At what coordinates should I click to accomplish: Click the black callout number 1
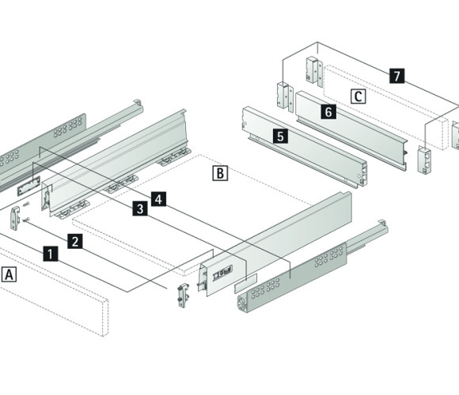click(51, 254)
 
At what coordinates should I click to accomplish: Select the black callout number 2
click(75, 241)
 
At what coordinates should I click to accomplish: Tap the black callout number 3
click(140, 209)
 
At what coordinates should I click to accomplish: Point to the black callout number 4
click(158, 199)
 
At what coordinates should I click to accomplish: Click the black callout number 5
click(280, 136)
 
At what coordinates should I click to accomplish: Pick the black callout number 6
click(328, 111)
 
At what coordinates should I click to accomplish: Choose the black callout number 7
click(397, 75)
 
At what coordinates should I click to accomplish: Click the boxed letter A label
click(9, 274)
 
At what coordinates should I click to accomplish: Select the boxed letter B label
click(220, 173)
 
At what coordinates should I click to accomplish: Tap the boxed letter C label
click(358, 96)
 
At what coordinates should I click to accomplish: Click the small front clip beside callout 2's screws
click(15, 218)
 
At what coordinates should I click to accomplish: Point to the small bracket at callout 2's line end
click(183, 295)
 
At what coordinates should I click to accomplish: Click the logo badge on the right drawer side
click(222, 273)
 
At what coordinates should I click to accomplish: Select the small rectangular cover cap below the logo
click(245, 283)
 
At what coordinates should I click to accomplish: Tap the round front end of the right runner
click(242, 303)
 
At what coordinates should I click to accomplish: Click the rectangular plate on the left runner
click(28, 186)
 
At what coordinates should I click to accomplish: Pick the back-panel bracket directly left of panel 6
click(285, 96)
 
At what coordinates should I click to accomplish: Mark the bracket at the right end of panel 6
click(424, 160)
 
